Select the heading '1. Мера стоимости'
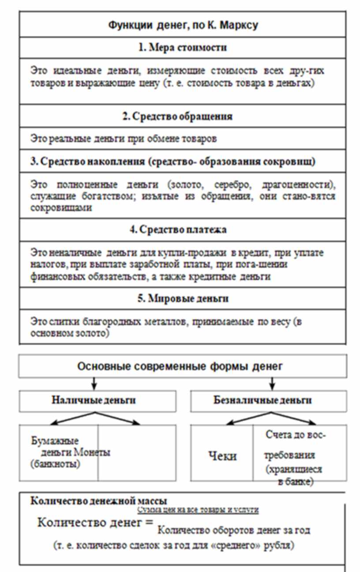tap(183, 48)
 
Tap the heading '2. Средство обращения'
tap(183, 116)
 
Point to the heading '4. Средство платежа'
tap(183, 230)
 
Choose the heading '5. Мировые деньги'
tap(183, 299)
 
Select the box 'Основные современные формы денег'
tap(183, 366)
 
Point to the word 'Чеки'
tap(222, 456)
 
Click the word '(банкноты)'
tap(56, 464)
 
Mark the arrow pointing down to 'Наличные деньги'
tap(94, 384)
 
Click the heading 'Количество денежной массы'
tap(98, 501)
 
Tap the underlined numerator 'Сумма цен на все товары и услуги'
tap(198, 510)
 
